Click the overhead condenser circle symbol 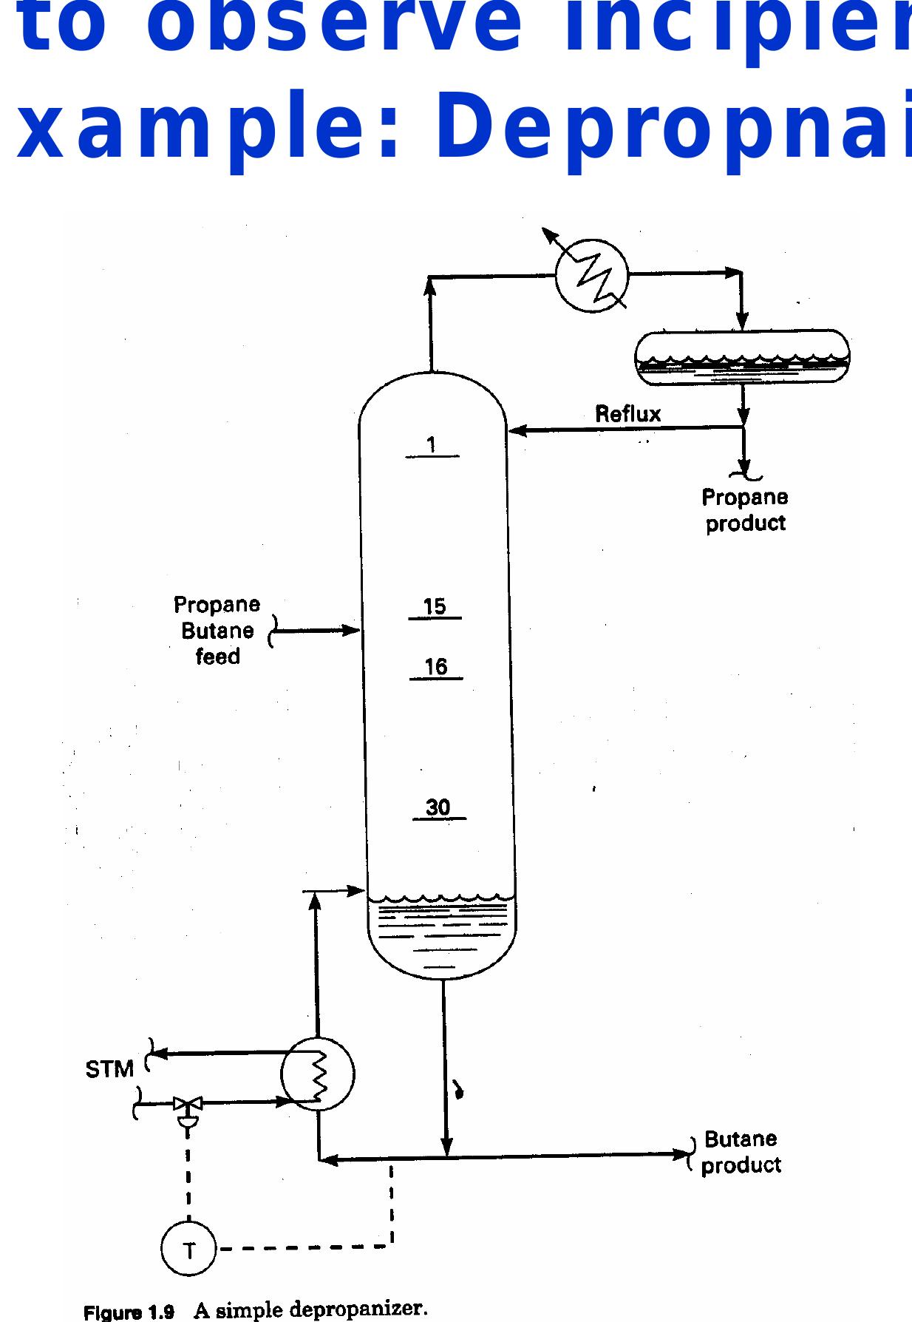click(x=591, y=275)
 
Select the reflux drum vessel click(x=742, y=357)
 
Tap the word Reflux click(x=627, y=414)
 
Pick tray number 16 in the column click(x=436, y=668)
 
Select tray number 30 click(x=438, y=807)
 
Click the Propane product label click(x=745, y=510)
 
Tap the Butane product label click(x=741, y=1152)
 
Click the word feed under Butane click(x=217, y=657)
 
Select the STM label click(x=109, y=1069)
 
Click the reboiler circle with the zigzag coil click(x=318, y=1074)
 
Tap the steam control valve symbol click(x=188, y=1105)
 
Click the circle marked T click(x=188, y=1250)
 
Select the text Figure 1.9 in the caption click(x=129, y=1312)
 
